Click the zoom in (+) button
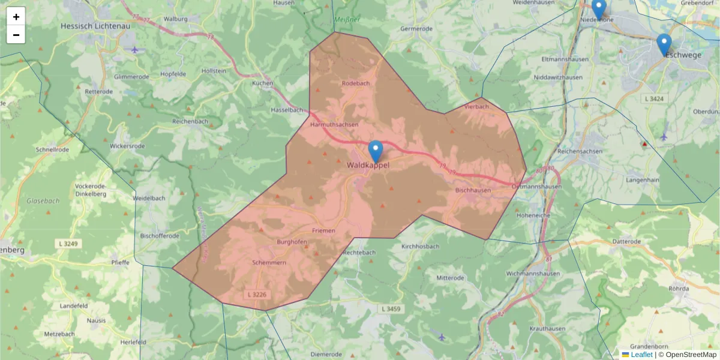[x=16, y=17]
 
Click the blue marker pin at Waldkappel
[x=376, y=151]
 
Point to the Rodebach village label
[x=356, y=83]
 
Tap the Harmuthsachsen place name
[x=334, y=124]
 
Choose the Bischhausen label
[x=473, y=190]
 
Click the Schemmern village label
[x=269, y=263]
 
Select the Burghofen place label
[x=292, y=242]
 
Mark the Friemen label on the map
[x=323, y=230]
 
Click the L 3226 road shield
[x=256, y=295]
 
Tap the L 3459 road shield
[x=391, y=308]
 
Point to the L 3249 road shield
[x=70, y=244]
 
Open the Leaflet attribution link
[x=641, y=355]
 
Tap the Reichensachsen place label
[x=580, y=152]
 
